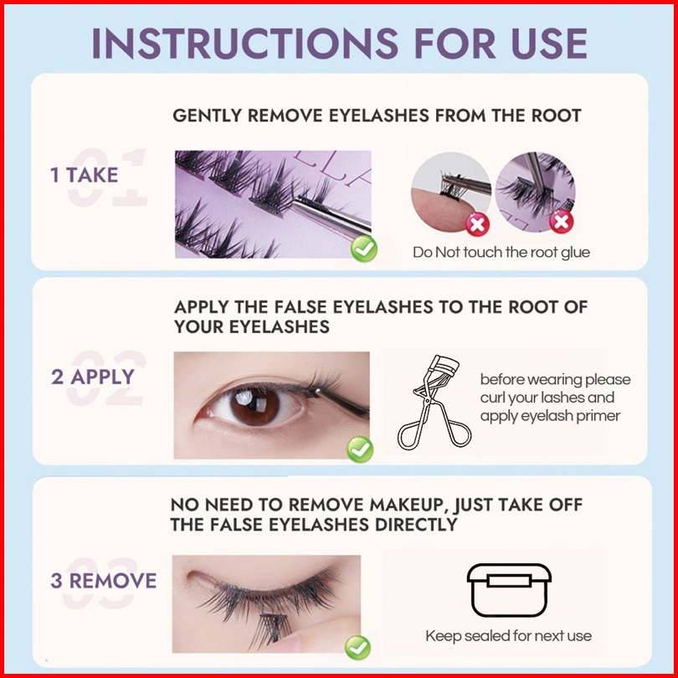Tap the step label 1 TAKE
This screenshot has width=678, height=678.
click(x=85, y=175)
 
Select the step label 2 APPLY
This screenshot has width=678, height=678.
click(x=93, y=377)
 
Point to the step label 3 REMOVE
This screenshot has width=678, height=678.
click(x=103, y=580)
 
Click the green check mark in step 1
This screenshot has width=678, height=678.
click(x=363, y=249)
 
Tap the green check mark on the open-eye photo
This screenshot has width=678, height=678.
click(x=360, y=449)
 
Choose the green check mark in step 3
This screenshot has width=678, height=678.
click(x=357, y=647)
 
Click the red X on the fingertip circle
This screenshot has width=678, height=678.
click(x=477, y=224)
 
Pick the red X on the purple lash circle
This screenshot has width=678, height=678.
click(x=562, y=221)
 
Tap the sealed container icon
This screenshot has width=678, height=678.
click(x=509, y=590)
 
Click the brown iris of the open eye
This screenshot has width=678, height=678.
click(x=254, y=406)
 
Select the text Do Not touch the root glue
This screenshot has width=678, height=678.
click(x=501, y=252)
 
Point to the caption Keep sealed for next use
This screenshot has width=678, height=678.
click(x=509, y=635)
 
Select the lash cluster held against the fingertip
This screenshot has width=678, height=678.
click(x=449, y=185)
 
